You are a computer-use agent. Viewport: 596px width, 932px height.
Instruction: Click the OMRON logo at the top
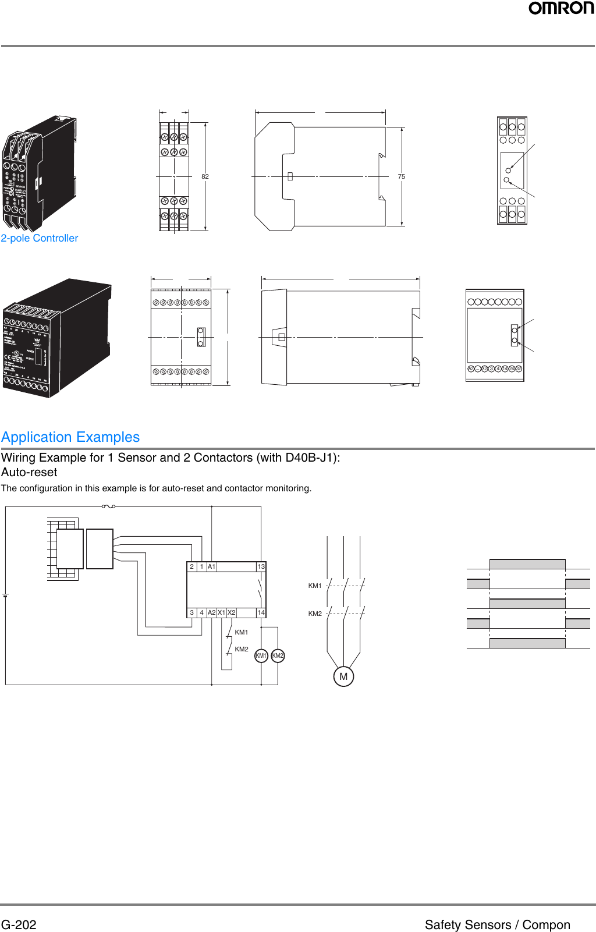pyautogui.click(x=561, y=8)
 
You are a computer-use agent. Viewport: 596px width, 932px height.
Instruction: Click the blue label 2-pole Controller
pyautogui.click(x=40, y=238)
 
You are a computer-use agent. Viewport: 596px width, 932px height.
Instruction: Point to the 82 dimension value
pyautogui.click(x=205, y=176)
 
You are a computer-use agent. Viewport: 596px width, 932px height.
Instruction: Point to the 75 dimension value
pyautogui.click(x=402, y=176)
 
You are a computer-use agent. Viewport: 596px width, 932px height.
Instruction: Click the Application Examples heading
pyautogui.click(x=70, y=437)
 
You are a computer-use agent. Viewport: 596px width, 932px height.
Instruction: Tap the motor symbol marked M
pyautogui.click(x=343, y=676)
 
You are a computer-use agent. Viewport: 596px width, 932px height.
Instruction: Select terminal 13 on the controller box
pyautogui.click(x=261, y=566)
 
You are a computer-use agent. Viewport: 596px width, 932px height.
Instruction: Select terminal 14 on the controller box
pyautogui.click(x=261, y=612)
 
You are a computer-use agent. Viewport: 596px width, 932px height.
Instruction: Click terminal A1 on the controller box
pyautogui.click(x=211, y=566)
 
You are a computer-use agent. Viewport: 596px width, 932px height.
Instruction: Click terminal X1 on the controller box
pyautogui.click(x=221, y=612)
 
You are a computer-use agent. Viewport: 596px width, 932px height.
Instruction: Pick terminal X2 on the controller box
pyautogui.click(x=231, y=612)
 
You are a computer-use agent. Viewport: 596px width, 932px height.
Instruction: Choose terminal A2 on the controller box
pyautogui.click(x=211, y=612)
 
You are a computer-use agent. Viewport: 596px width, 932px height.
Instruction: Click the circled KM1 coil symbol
pyautogui.click(x=261, y=655)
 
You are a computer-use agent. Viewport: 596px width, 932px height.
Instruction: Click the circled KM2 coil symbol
pyautogui.click(x=278, y=655)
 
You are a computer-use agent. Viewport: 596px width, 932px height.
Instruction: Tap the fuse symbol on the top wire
pyautogui.click(x=108, y=506)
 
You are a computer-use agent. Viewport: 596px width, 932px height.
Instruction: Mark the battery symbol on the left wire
pyautogui.click(x=5, y=596)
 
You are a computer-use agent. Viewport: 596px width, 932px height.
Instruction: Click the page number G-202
pyautogui.click(x=19, y=924)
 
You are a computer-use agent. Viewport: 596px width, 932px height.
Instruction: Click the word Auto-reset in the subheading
pyautogui.click(x=29, y=472)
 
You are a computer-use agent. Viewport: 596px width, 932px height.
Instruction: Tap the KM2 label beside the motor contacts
pyautogui.click(x=315, y=614)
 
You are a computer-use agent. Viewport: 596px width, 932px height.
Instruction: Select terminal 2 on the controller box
pyautogui.click(x=191, y=566)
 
